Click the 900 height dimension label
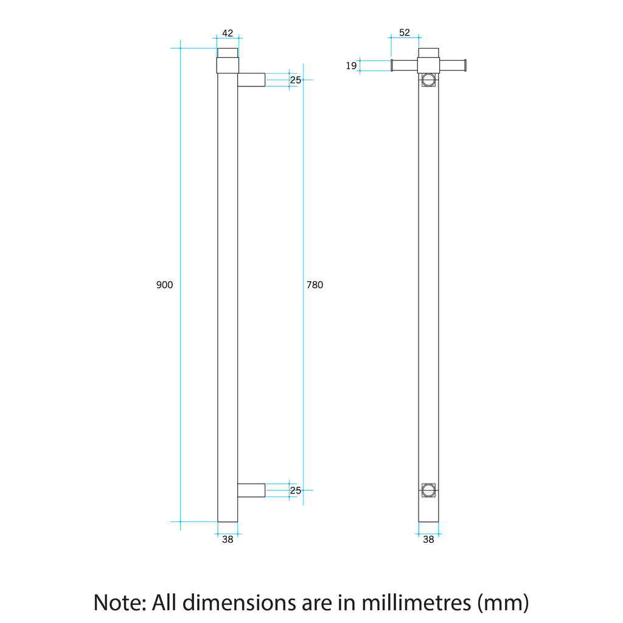pos(165,285)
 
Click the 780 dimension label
pos(315,285)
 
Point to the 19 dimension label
pos(351,66)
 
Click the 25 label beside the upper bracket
pos(295,80)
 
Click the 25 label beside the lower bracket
pos(295,490)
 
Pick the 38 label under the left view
pos(228,539)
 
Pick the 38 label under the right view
pos(428,539)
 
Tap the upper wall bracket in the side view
pos(251,80)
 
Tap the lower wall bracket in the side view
pos(251,490)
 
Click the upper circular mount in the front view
pos(428,80)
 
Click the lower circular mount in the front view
pos(428,489)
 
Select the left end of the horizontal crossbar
pos(393,66)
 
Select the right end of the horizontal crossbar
pos(464,66)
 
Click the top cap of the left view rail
pos(228,52)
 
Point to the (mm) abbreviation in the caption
pos(503,602)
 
